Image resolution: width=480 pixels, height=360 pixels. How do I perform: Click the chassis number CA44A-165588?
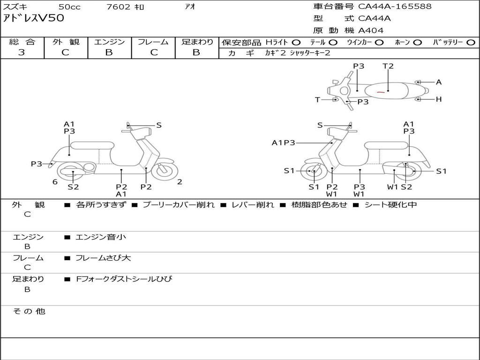pyautogui.click(x=395, y=7)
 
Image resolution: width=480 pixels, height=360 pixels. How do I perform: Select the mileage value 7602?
pyautogui.click(x=119, y=7)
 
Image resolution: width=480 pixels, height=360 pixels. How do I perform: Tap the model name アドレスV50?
pyautogui.click(x=34, y=19)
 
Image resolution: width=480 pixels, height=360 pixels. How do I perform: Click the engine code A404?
pyautogui.click(x=371, y=30)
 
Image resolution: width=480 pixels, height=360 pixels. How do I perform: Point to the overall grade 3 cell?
pyautogui.click(x=22, y=52)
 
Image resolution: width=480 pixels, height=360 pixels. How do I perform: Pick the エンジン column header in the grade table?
pyautogui.click(x=109, y=42)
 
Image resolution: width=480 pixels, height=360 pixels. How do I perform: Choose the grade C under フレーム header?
pyautogui.click(x=154, y=52)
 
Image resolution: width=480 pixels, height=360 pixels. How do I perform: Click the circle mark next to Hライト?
pyautogui.click(x=296, y=42)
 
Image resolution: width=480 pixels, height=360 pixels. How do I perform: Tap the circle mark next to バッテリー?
pyautogui.click(x=471, y=42)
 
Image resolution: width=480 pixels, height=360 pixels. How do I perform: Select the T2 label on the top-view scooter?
pyautogui.click(x=388, y=66)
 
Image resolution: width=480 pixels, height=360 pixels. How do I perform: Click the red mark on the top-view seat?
pyautogui.click(x=381, y=92)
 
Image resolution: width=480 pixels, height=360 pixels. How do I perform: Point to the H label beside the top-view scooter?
pyautogui.click(x=439, y=99)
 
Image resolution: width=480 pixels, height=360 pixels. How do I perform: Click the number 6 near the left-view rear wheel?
pyautogui.click(x=55, y=182)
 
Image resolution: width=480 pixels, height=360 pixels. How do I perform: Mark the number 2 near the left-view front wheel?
pyautogui.click(x=180, y=182)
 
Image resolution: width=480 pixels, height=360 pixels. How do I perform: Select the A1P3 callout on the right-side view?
pyautogui.click(x=283, y=143)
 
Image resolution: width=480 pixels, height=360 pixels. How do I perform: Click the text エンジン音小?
pyautogui.click(x=101, y=237)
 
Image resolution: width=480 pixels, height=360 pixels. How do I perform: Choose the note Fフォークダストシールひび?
pyautogui.click(x=124, y=279)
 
